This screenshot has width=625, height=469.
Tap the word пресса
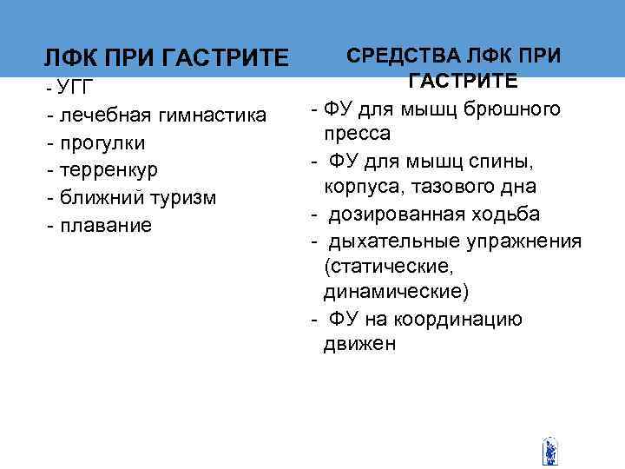tap(357, 135)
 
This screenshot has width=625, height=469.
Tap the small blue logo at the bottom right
tap(549, 450)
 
